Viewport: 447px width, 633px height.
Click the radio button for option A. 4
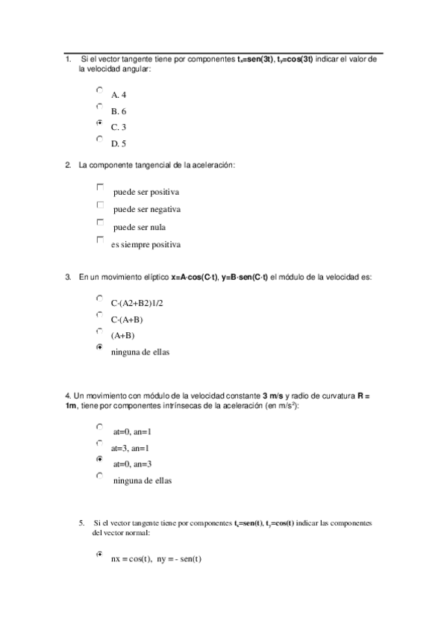coord(99,89)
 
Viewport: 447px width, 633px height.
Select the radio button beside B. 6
coord(99,105)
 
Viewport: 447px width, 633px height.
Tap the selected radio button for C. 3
coord(99,122)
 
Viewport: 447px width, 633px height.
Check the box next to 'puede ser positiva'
coord(100,187)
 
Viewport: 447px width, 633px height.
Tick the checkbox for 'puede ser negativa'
coord(100,204)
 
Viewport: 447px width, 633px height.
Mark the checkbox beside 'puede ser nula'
coord(100,222)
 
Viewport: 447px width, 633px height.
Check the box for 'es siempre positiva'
coord(100,240)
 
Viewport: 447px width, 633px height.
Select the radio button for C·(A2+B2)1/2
coord(99,297)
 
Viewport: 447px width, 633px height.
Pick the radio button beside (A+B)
coord(99,330)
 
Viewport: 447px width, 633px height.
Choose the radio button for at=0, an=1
coord(99,426)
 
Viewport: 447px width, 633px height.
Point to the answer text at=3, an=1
coord(130,448)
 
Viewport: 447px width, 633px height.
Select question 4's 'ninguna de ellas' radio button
coord(99,475)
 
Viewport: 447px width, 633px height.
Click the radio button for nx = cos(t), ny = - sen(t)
coord(99,555)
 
